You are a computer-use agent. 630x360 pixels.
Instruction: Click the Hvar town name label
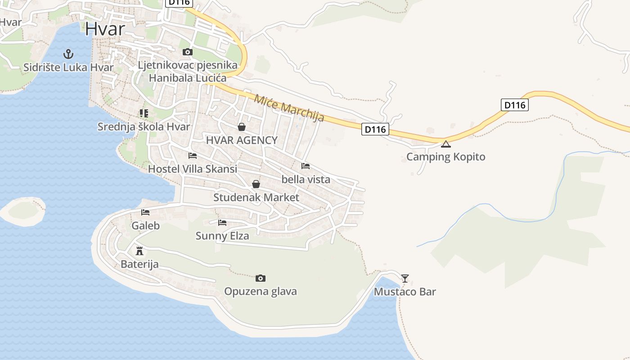point(105,29)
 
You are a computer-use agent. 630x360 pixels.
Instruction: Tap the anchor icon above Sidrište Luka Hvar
point(68,54)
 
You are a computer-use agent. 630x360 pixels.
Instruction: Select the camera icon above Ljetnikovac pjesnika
point(188,52)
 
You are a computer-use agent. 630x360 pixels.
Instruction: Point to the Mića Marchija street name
point(289,108)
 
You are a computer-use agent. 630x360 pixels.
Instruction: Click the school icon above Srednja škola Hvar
point(144,113)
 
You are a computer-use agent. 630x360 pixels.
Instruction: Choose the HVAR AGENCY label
point(242,140)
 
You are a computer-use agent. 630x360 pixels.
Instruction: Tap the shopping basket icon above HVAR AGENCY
point(242,127)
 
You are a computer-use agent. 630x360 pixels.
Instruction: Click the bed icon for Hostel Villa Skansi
point(193,156)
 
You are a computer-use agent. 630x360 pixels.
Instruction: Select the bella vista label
point(306,180)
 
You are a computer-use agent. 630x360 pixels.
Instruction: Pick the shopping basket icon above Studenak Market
point(256,184)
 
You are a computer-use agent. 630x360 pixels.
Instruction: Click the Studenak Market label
point(256,198)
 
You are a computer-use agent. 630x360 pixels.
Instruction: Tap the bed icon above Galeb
point(145,212)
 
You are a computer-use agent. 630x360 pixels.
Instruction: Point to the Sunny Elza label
point(222,236)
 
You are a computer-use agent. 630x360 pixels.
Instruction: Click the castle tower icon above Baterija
point(139,251)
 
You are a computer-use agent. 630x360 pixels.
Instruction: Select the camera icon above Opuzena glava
point(260,279)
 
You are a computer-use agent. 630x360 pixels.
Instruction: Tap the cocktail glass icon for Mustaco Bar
point(405,279)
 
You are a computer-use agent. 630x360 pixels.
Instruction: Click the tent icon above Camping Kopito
point(445,144)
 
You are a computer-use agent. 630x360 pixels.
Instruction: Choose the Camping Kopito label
point(445,157)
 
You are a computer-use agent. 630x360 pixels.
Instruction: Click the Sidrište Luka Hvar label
point(68,68)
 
